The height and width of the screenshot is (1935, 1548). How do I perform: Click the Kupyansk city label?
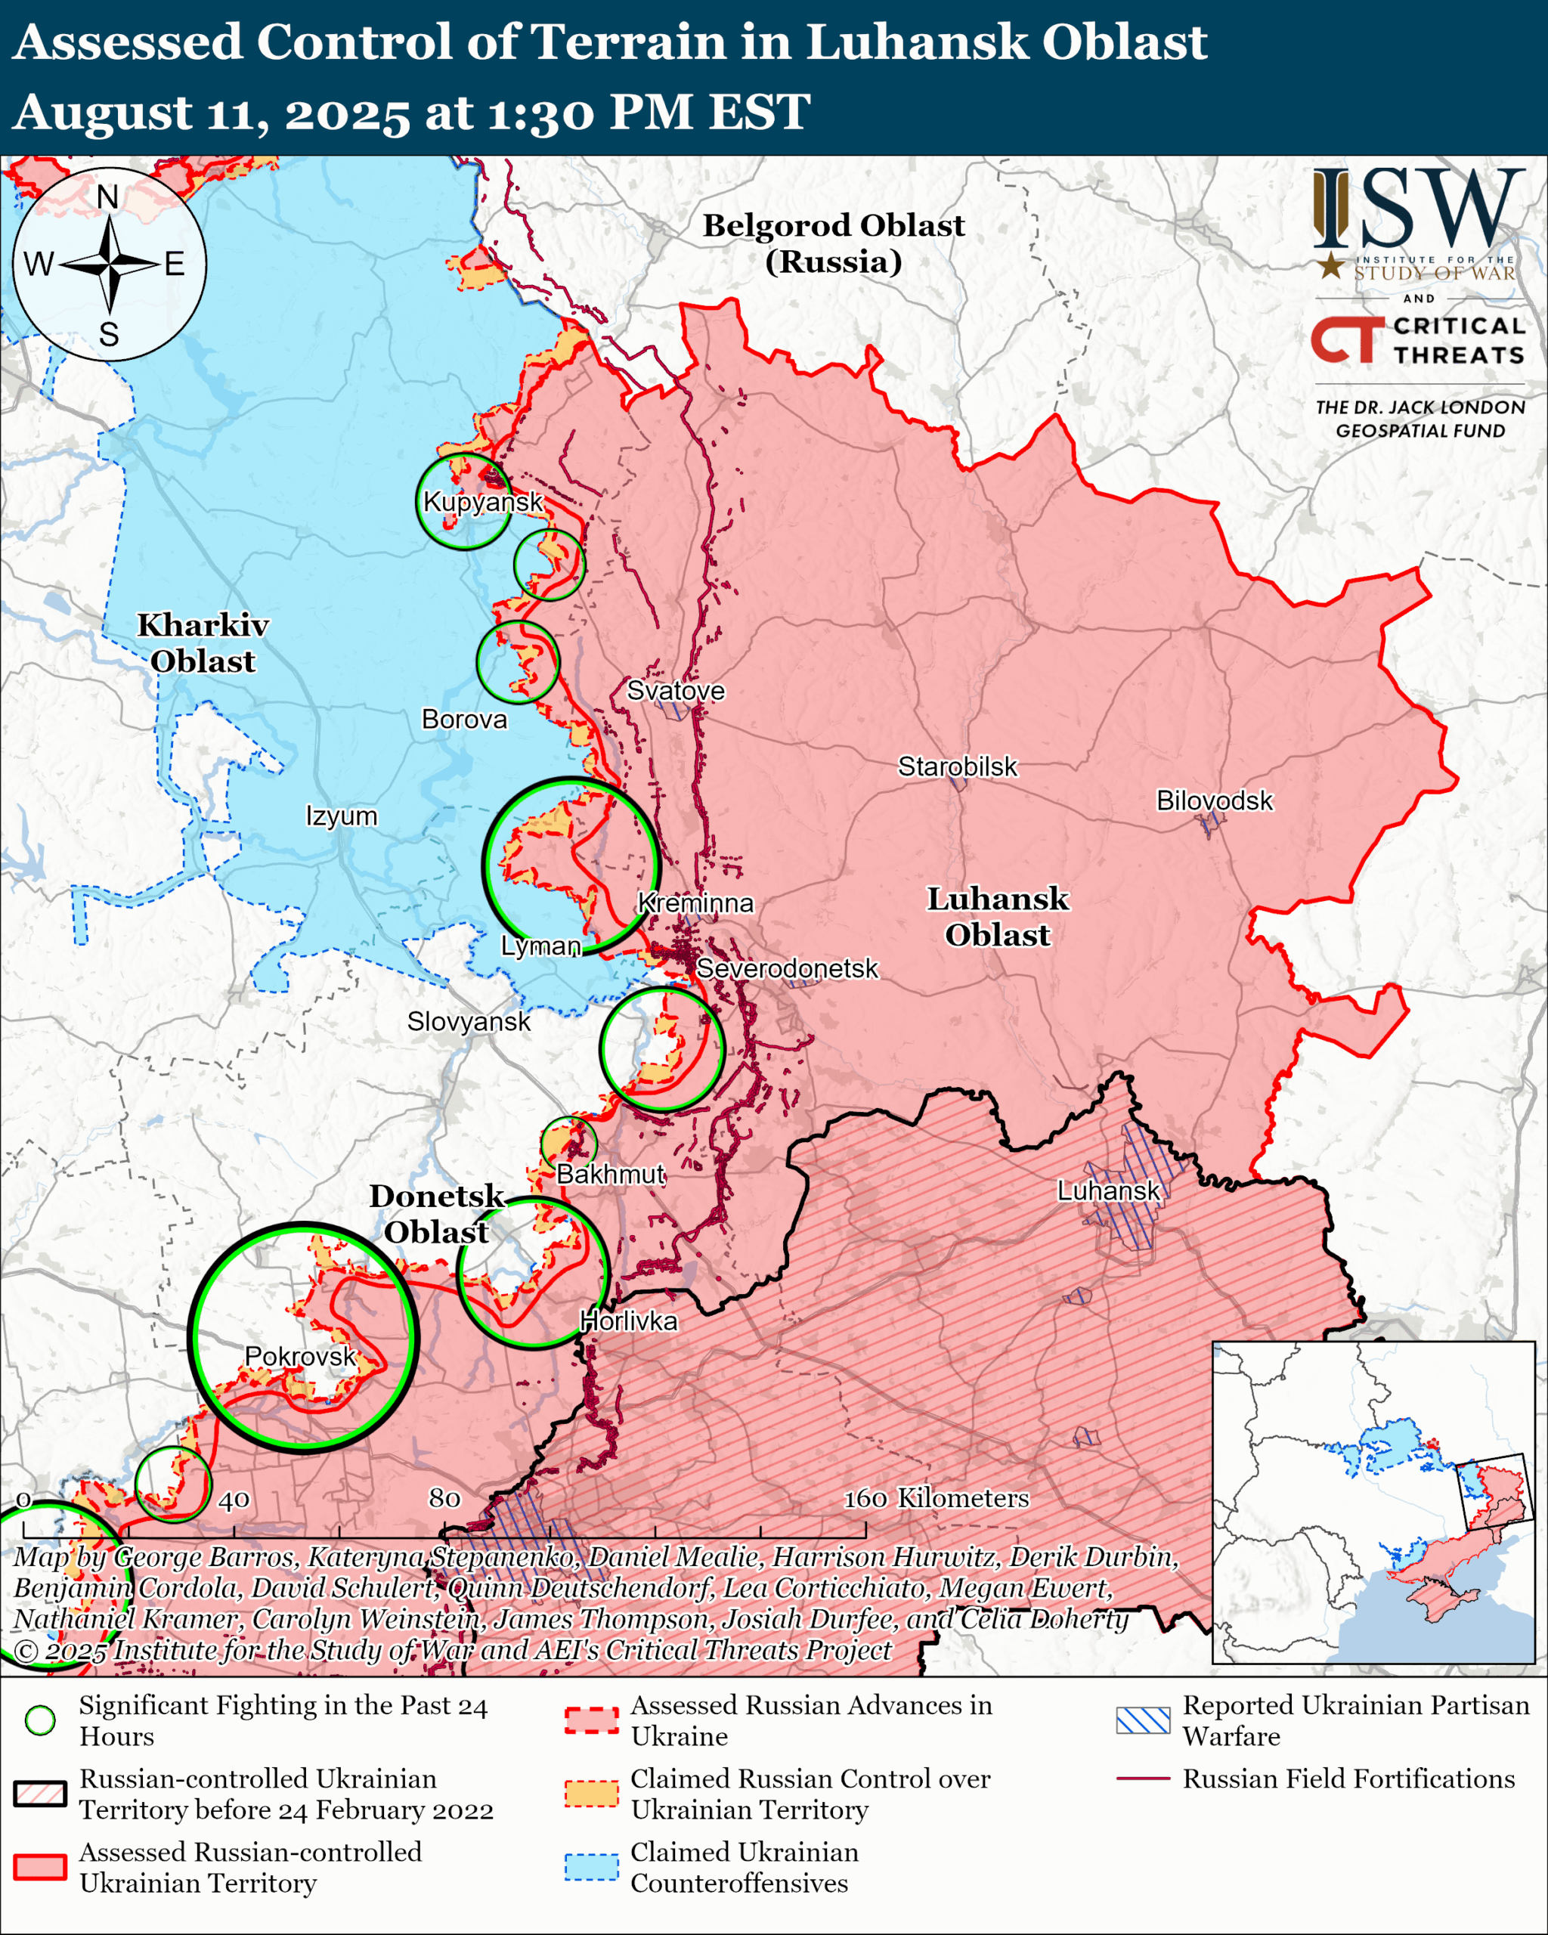coord(483,502)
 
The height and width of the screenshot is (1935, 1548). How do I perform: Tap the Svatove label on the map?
coord(675,690)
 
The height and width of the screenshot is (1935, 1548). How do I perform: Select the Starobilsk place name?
coord(958,766)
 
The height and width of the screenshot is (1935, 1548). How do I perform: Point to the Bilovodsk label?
coord(1214,800)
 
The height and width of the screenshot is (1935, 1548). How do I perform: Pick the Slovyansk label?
coord(469,1021)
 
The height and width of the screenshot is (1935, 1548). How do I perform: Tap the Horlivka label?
coord(628,1320)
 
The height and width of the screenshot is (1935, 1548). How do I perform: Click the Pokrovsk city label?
coord(301,1355)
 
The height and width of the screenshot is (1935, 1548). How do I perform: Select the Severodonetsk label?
coord(787,968)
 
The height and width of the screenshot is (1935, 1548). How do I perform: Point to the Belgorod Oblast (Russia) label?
coord(833,243)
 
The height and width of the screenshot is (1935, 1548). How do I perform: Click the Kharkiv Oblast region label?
coord(203,642)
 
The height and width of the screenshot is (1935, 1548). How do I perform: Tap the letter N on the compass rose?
coord(107,197)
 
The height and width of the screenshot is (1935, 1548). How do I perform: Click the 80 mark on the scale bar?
coord(444,1498)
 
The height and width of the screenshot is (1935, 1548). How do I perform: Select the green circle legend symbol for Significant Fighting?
coord(39,1720)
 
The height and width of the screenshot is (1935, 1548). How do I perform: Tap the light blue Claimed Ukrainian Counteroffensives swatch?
coord(591,1866)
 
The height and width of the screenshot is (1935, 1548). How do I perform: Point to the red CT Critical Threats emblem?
coord(1347,340)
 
